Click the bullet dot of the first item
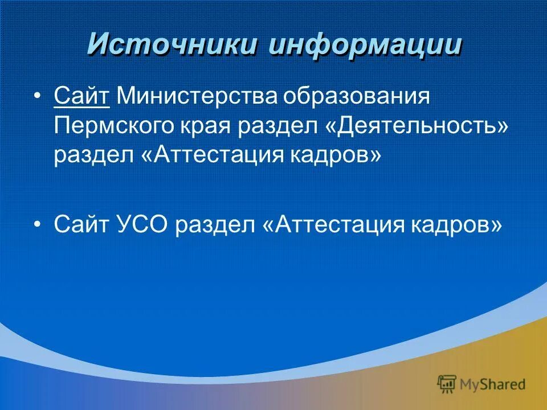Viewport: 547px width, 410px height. (x=38, y=96)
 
